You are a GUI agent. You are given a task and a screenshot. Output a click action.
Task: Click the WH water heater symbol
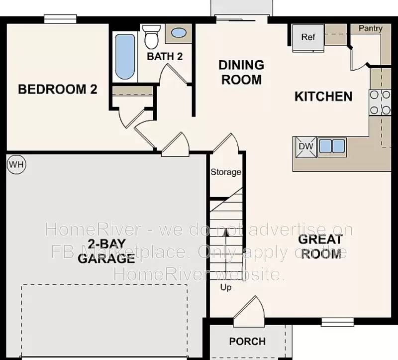(x=16, y=163)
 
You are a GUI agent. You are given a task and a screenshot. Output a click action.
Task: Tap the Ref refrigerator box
(x=308, y=37)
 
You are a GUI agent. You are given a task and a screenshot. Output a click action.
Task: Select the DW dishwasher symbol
(x=304, y=146)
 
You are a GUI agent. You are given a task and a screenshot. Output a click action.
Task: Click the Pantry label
(x=371, y=28)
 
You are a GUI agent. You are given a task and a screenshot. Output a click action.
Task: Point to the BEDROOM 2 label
(x=57, y=90)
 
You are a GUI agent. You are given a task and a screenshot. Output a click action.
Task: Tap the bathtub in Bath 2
(x=125, y=56)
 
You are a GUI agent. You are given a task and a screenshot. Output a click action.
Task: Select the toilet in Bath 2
(x=150, y=36)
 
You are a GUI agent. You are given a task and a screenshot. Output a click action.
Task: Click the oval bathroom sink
(x=179, y=33)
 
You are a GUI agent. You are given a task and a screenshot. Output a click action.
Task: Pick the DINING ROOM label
(x=241, y=72)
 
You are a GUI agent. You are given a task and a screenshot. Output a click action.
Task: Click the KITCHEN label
(x=323, y=97)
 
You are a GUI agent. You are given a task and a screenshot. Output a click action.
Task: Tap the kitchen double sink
(x=331, y=146)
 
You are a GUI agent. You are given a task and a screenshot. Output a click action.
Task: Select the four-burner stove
(x=380, y=103)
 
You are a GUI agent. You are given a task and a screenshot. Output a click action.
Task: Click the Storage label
(x=226, y=172)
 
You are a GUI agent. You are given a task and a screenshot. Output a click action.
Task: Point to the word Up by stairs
(x=226, y=287)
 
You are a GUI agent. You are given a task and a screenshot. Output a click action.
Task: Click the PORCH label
(x=247, y=342)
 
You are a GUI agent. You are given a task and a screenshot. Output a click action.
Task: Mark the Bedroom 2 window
(x=60, y=19)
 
